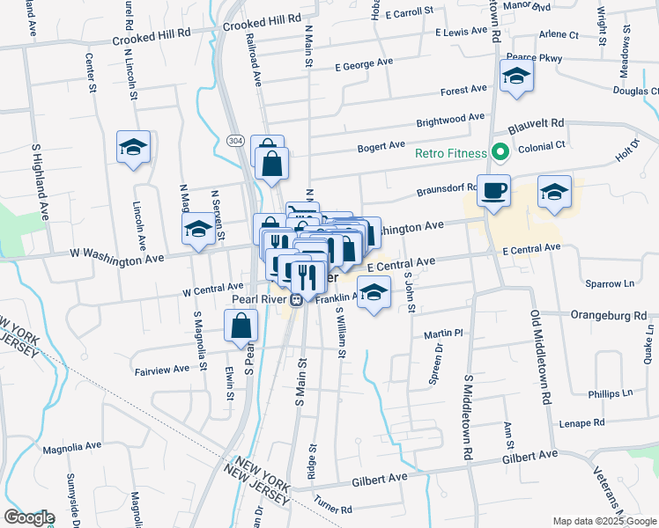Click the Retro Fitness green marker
[500, 154]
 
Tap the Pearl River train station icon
[297, 298]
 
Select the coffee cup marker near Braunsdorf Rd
[493, 189]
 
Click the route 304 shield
[234, 141]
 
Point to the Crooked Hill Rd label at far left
[152, 33]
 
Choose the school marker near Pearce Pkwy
[516, 77]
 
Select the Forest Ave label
[463, 90]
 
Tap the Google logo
[29, 517]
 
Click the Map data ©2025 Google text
[603, 521]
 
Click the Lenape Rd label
[582, 423]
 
